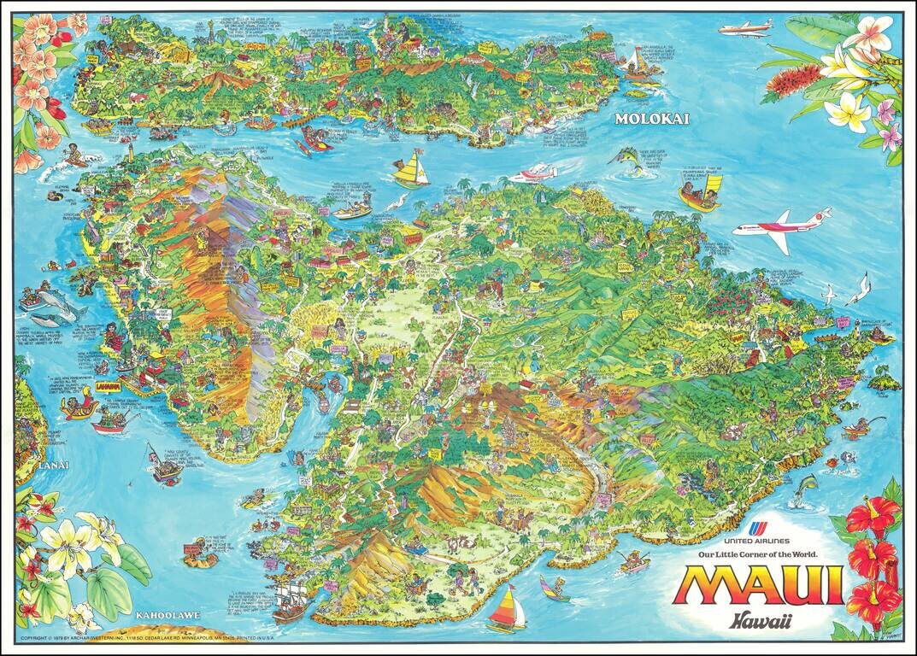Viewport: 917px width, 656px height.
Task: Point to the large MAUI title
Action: tap(758, 585)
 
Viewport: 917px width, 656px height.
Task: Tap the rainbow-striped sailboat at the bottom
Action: tap(506, 607)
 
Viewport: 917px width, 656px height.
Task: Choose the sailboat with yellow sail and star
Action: tap(412, 169)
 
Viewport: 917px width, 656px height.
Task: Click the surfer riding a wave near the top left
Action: tap(75, 158)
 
